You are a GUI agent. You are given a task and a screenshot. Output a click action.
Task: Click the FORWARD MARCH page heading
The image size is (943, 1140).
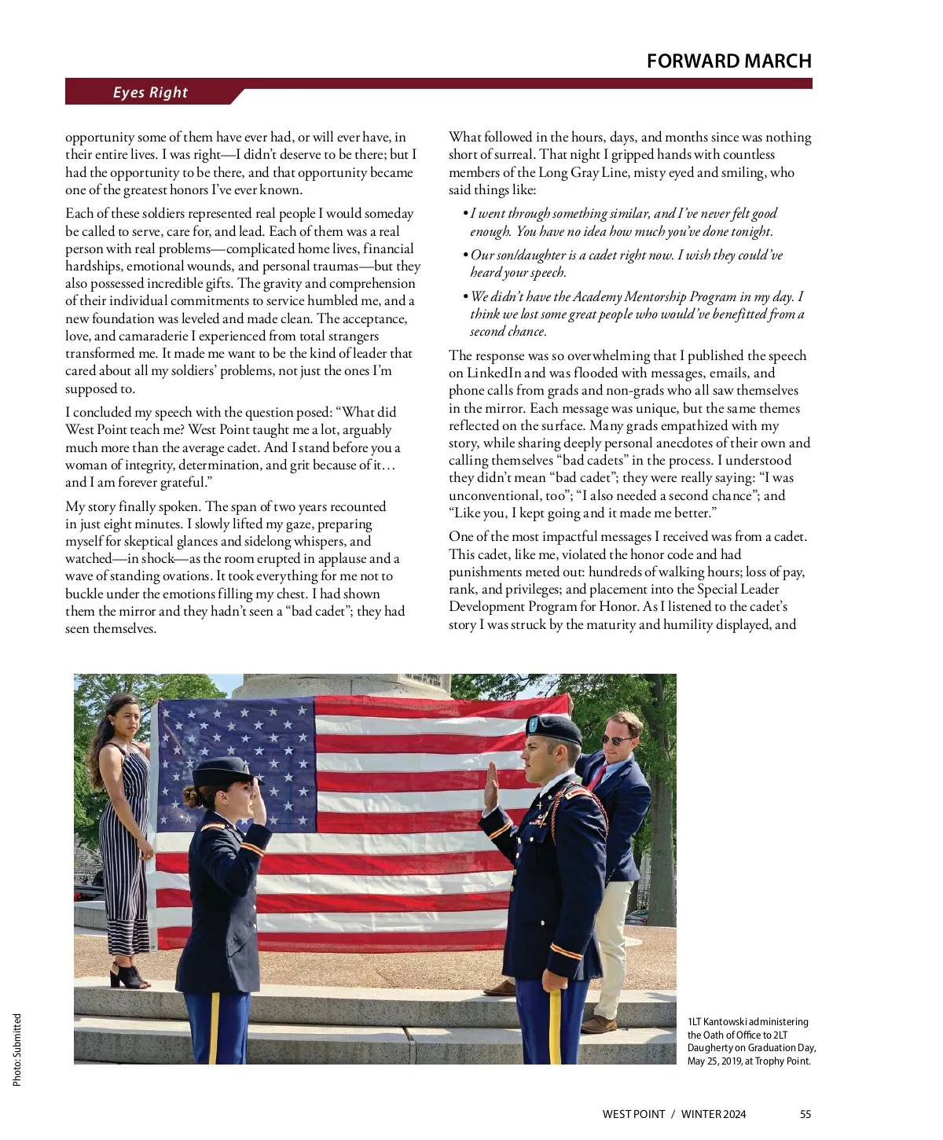coord(728,61)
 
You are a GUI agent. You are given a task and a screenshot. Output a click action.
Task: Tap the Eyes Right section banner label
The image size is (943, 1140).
coord(150,93)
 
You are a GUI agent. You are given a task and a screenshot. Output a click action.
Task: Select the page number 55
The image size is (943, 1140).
coord(805,1114)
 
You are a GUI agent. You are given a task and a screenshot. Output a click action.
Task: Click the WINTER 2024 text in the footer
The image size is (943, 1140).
coord(714,1114)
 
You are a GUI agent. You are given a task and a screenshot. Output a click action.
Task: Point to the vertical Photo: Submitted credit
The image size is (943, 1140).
coord(17,1050)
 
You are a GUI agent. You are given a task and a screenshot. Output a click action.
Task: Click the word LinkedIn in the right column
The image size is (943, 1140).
coord(495,373)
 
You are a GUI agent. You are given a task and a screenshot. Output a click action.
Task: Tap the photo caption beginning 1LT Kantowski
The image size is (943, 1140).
coord(751,1042)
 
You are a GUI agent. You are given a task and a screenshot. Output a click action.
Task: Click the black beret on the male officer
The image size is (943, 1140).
coord(556,727)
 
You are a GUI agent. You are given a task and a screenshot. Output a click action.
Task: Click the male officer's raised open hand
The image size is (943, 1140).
coord(493,786)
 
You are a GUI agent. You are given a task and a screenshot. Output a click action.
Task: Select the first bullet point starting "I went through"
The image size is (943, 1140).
coord(623,222)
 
